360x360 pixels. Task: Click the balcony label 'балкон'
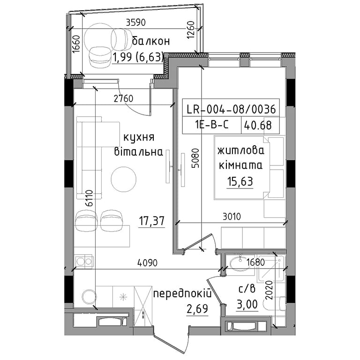[x=151, y=41]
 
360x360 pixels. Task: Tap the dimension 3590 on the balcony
[x=136, y=22]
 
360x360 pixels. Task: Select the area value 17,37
[x=152, y=221]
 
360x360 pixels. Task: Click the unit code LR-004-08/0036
[x=231, y=109]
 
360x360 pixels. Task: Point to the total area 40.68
[x=258, y=125]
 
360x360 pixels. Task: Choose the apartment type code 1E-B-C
[x=212, y=125]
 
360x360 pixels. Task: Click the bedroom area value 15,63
[x=240, y=181]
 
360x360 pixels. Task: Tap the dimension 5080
[x=195, y=158]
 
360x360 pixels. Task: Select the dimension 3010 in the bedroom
[x=232, y=217]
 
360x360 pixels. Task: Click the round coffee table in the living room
[x=124, y=180]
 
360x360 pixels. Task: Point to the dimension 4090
[x=147, y=263]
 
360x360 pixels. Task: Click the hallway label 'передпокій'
[x=182, y=293]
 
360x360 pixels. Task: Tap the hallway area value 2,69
[x=197, y=309]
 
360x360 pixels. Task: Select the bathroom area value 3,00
[x=247, y=304]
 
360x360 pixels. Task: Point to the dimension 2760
[x=124, y=98]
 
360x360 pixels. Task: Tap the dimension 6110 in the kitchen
[x=89, y=198]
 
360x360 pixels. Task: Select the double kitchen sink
[x=83, y=261]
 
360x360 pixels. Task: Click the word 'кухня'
[x=139, y=138]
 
